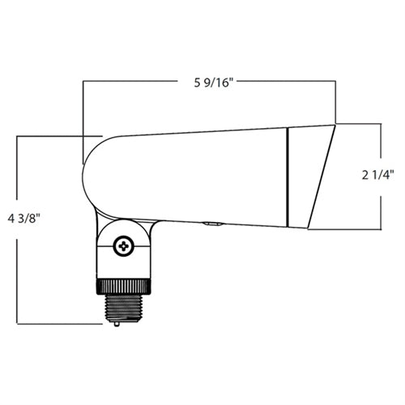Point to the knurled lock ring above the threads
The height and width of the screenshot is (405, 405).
pos(122,286)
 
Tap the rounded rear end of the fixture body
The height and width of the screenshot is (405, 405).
pos(93,174)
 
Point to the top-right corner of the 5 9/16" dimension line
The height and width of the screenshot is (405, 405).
pos(336,80)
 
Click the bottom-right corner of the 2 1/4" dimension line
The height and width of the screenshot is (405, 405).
pos(381,229)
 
